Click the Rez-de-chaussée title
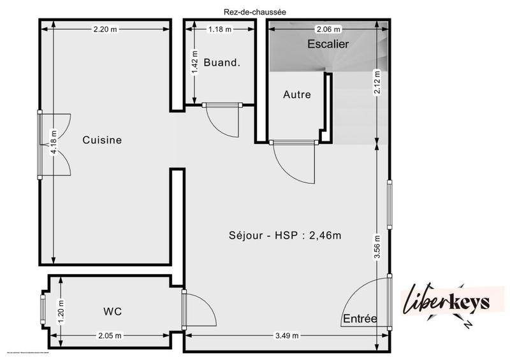pos(254,10)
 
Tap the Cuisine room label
pos(102,140)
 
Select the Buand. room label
pos(222,62)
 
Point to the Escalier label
pos(328,45)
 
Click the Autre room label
pos(297,95)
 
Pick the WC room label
pos(112,312)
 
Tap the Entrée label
pos(360,319)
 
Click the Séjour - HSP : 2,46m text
pos(285,235)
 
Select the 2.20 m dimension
pos(106,29)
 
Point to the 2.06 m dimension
pos(328,29)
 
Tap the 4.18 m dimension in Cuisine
pos(54,144)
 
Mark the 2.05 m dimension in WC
pos(110,336)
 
